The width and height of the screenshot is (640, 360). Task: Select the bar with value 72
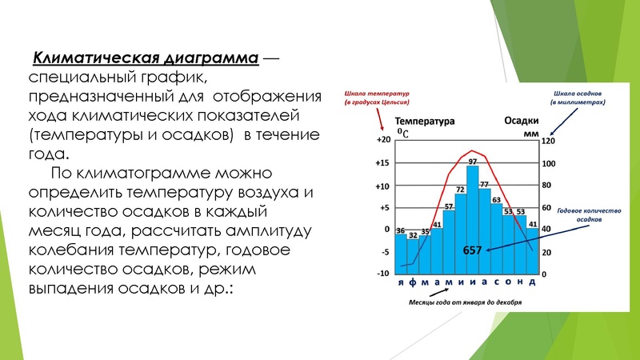[461, 232]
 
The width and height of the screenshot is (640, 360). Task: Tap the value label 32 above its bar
[413, 235]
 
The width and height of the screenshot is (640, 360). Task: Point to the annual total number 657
[473, 250]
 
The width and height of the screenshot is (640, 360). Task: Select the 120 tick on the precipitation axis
[547, 140]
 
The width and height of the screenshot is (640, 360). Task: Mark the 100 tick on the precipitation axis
[547, 163]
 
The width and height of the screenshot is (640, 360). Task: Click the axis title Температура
[425, 122]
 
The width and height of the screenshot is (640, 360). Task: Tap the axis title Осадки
[521, 122]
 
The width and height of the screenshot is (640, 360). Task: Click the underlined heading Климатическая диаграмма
[145, 59]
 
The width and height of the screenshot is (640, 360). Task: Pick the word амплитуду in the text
[272, 231]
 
